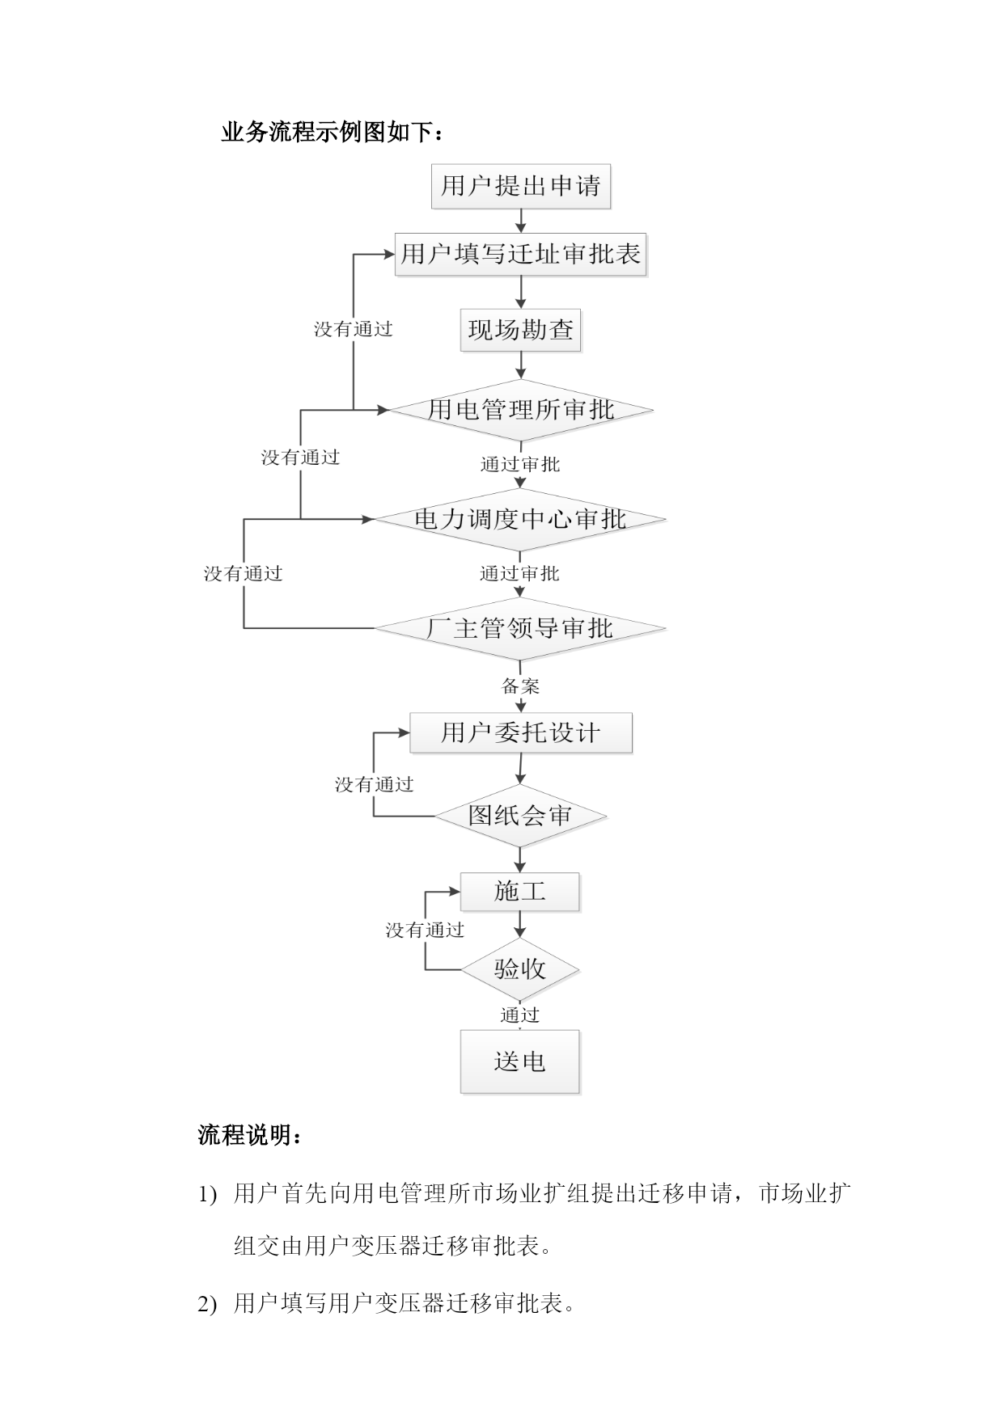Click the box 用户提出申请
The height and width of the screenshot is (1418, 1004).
point(520,187)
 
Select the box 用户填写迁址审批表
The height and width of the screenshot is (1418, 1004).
point(520,255)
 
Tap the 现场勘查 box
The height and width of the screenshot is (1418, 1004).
point(520,330)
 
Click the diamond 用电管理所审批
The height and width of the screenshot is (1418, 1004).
point(520,410)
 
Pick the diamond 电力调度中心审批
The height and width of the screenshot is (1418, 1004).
point(520,519)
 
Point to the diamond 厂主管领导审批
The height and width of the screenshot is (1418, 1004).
point(520,628)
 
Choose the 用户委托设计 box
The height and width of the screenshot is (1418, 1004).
point(520,733)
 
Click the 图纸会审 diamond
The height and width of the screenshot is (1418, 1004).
point(520,816)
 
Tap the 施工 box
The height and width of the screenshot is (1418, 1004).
point(520,892)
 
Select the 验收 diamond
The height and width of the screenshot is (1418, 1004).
point(520,969)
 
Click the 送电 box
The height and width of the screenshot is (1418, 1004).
point(520,1061)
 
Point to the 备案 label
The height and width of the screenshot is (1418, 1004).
point(520,686)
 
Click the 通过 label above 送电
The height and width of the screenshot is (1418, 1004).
point(519,1015)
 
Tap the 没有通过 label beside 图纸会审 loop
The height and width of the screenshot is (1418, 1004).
point(375,784)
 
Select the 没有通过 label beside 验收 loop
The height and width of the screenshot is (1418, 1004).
point(425,931)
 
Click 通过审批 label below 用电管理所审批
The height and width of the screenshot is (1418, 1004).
point(520,464)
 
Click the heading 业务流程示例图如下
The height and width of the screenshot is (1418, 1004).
point(333,133)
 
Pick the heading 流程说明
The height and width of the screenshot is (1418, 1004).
point(251,1135)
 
